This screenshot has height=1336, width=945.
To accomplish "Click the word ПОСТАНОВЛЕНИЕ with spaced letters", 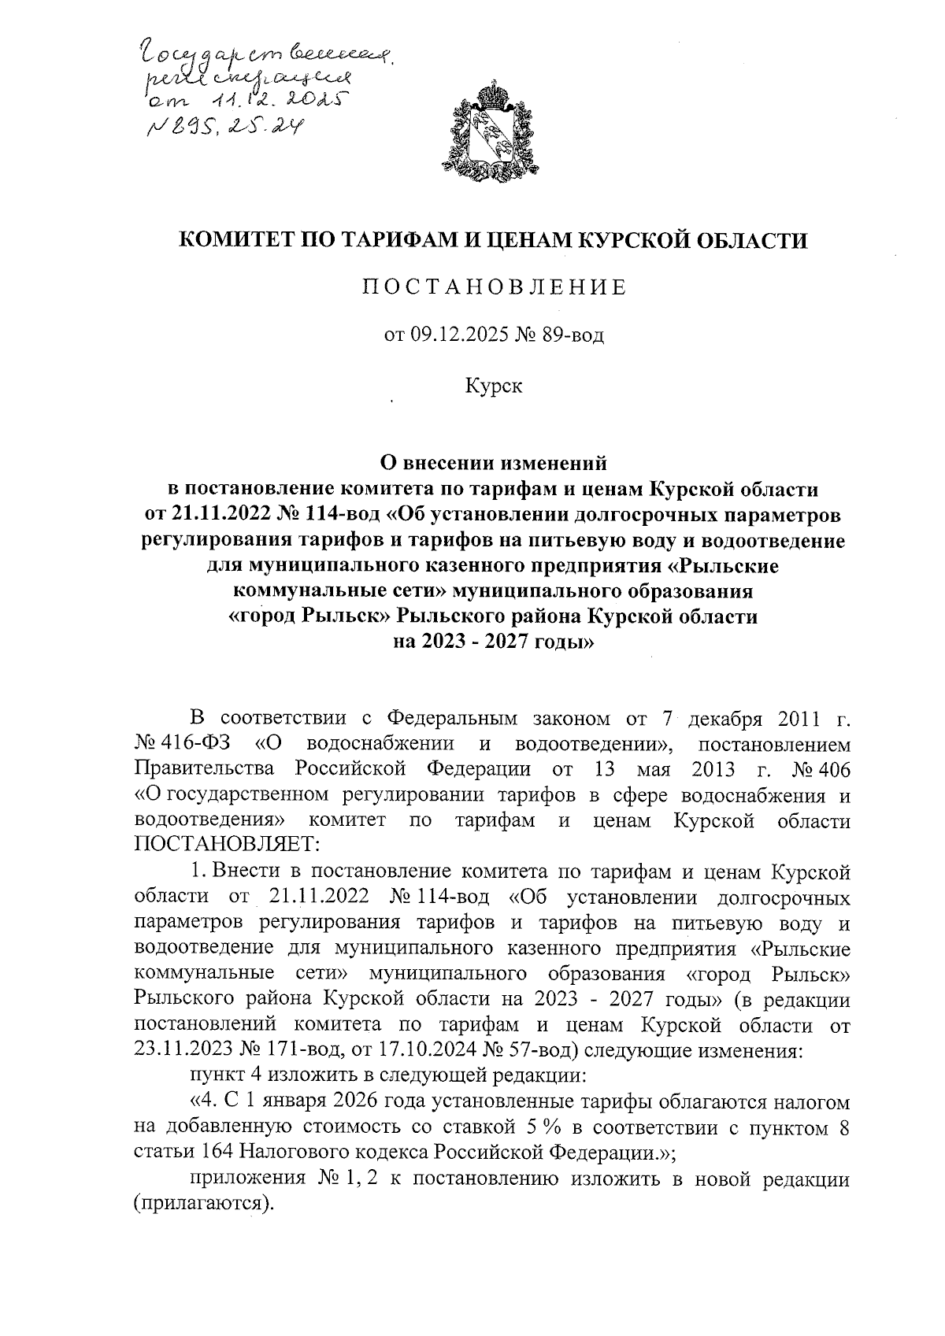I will pos(493,287).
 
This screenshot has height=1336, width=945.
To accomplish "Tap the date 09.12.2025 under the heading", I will pos(447,337).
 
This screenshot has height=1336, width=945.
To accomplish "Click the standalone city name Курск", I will pos(493,386).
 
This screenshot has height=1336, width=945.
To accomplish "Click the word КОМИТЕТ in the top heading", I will pos(236,239).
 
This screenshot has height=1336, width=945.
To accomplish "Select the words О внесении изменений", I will pos(493,464).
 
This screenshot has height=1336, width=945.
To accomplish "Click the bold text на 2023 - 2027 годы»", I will pos(493,642).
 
